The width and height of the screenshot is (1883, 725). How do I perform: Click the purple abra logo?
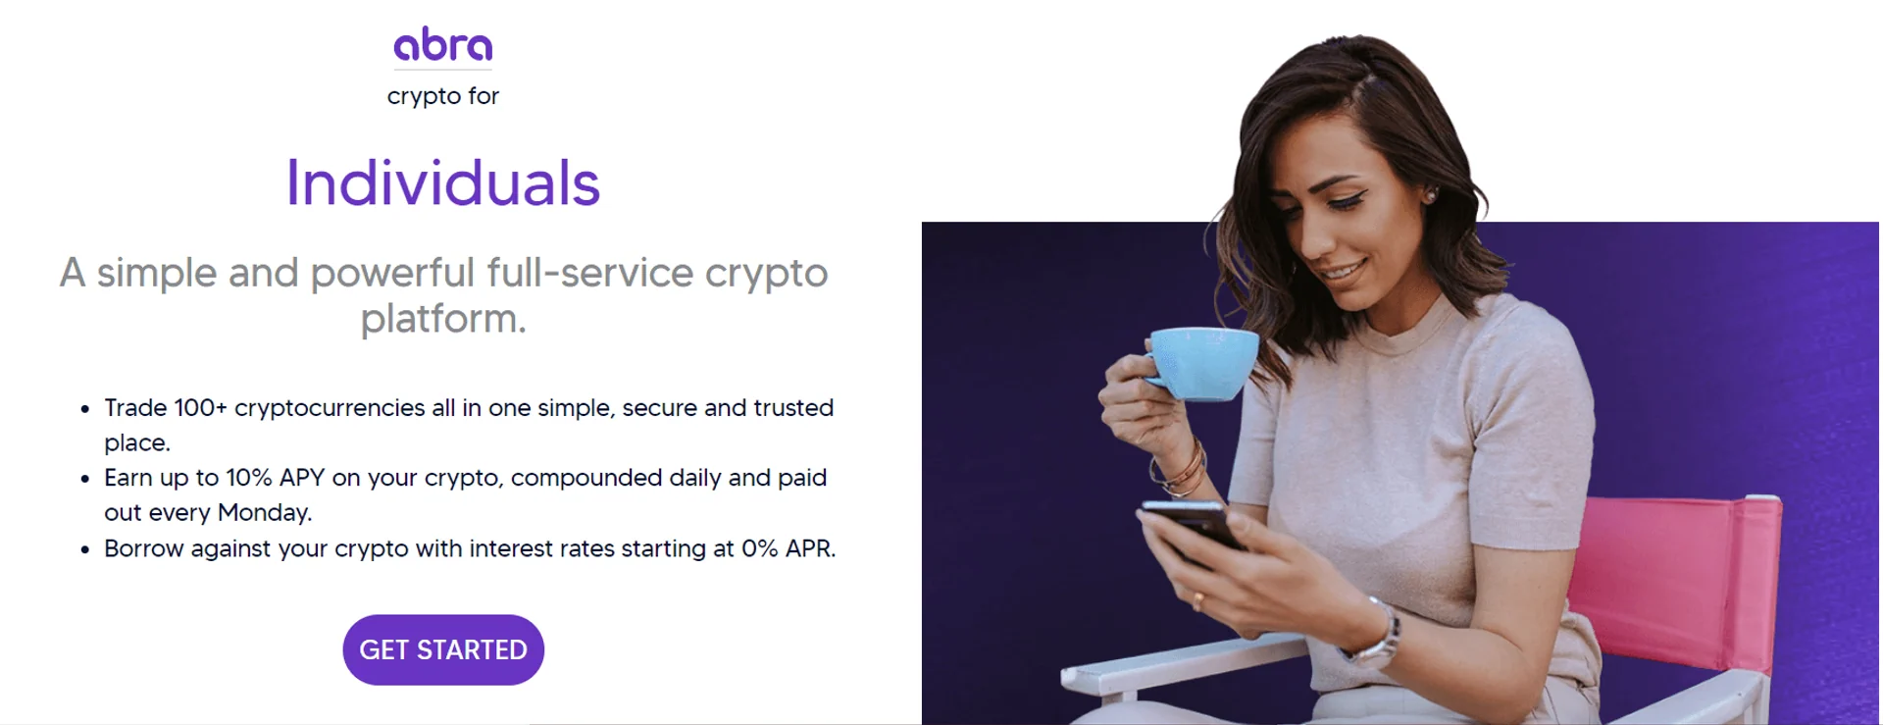point(443,45)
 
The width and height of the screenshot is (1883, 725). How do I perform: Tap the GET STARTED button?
point(443,649)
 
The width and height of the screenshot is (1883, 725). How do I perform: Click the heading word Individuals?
point(442,182)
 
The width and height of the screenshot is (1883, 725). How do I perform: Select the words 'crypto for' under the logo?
point(443,96)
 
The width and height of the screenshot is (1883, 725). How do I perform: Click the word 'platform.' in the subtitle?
point(443,319)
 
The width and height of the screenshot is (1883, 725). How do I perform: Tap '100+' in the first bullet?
point(200,407)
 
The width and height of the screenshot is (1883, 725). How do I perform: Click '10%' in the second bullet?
point(249,478)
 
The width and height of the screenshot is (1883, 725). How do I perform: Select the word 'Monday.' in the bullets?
point(265,512)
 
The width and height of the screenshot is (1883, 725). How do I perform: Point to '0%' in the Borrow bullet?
point(759,548)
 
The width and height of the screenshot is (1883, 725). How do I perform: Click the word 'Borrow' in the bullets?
point(144,548)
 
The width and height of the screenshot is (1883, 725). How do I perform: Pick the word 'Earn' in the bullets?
point(128,478)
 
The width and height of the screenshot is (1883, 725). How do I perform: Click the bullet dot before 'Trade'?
point(85,409)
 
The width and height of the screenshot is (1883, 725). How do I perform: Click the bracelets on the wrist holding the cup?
point(1184,467)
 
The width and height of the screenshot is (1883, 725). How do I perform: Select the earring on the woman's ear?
point(1431,196)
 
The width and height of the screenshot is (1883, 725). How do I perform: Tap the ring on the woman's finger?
point(1197,598)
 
